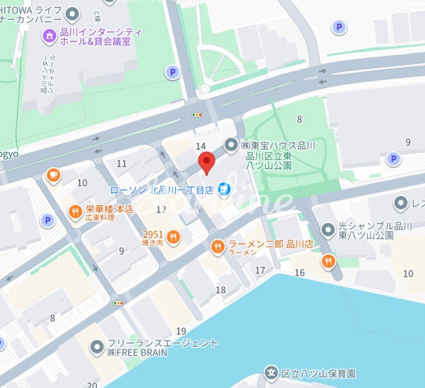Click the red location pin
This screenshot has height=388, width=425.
click(206, 162)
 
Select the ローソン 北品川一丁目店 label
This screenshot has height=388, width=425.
click(161, 189)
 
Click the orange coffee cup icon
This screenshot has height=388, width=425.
click(53, 175)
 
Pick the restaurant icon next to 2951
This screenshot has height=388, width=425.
click(173, 237)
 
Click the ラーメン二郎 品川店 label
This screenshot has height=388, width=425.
click(270, 244)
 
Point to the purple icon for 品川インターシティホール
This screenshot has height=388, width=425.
click(49, 36)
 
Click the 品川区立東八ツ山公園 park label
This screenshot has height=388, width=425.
click(269, 160)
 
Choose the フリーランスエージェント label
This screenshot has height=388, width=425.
click(162, 343)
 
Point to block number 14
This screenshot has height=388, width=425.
click(200, 146)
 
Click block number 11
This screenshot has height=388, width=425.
click(122, 163)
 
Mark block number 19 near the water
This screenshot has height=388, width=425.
click(181, 331)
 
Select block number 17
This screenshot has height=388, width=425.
click(260, 270)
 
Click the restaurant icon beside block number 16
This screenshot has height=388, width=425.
click(329, 261)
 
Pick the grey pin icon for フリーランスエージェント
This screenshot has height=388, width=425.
click(97, 348)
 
